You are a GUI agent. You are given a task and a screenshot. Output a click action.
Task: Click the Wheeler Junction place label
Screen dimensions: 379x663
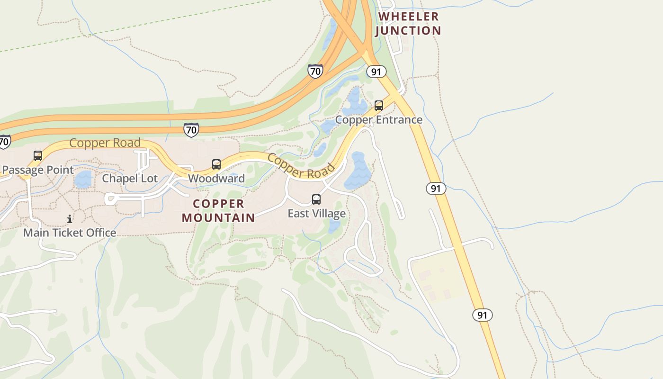(x=408, y=24)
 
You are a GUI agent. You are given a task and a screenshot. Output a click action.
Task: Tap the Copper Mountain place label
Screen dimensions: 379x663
(x=219, y=211)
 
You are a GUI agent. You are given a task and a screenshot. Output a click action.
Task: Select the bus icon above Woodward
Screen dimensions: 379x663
(x=216, y=164)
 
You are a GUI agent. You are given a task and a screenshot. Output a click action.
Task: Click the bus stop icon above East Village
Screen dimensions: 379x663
(x=316, y=199)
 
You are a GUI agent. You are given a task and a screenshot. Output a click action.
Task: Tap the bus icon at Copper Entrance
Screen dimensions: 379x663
(x=379, y=106)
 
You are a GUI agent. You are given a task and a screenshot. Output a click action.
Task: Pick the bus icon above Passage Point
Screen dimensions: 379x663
(x=37, y=156)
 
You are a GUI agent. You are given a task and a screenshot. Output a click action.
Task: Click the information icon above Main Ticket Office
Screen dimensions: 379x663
(x=70, y=219)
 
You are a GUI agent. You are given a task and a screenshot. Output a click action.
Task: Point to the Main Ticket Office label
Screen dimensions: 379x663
(x=70, y=233)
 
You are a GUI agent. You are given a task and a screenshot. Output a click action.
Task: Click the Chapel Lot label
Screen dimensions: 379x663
(x=130, y=179)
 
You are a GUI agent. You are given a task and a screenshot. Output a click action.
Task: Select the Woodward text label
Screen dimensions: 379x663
(x=216, y=179)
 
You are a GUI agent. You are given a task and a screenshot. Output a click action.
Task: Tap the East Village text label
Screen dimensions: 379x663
(x=316, y=214)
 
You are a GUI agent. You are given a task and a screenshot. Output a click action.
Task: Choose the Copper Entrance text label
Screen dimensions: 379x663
(x=379, y=120)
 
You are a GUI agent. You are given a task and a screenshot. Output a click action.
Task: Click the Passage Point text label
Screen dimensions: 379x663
(x=38, y=170)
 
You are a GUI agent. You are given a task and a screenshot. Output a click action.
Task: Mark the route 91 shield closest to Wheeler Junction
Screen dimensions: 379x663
(x=376, y=72)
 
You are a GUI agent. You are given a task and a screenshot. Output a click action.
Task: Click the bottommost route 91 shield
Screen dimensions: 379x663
(x=482, y=315)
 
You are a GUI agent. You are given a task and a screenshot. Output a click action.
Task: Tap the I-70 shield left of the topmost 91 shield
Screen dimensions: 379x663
(x=315, y=71)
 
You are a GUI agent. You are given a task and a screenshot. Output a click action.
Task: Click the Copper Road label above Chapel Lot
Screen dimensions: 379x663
(x=105, y=143)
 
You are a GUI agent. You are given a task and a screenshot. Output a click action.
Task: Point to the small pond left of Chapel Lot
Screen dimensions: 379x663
(x=83, y=180)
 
